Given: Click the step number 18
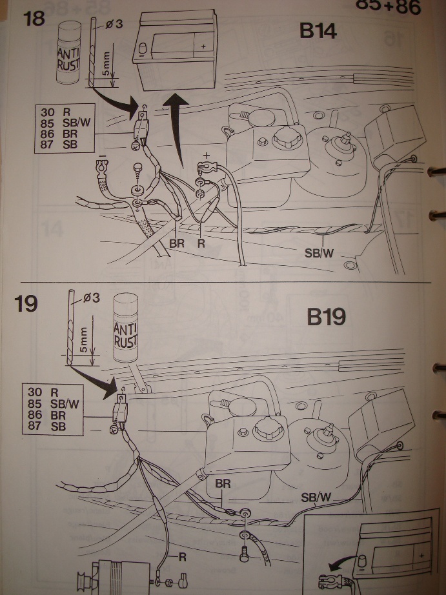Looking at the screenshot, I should click(x=34, y=18).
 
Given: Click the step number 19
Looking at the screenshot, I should click(x=26, y=303).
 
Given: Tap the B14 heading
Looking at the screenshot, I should click(x=318, y=30).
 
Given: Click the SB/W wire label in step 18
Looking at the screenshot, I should click(x=318, y=252).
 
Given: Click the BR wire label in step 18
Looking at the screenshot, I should click(x=177, y=245).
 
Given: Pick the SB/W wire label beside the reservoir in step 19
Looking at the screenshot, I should click(x=318, y=498).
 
